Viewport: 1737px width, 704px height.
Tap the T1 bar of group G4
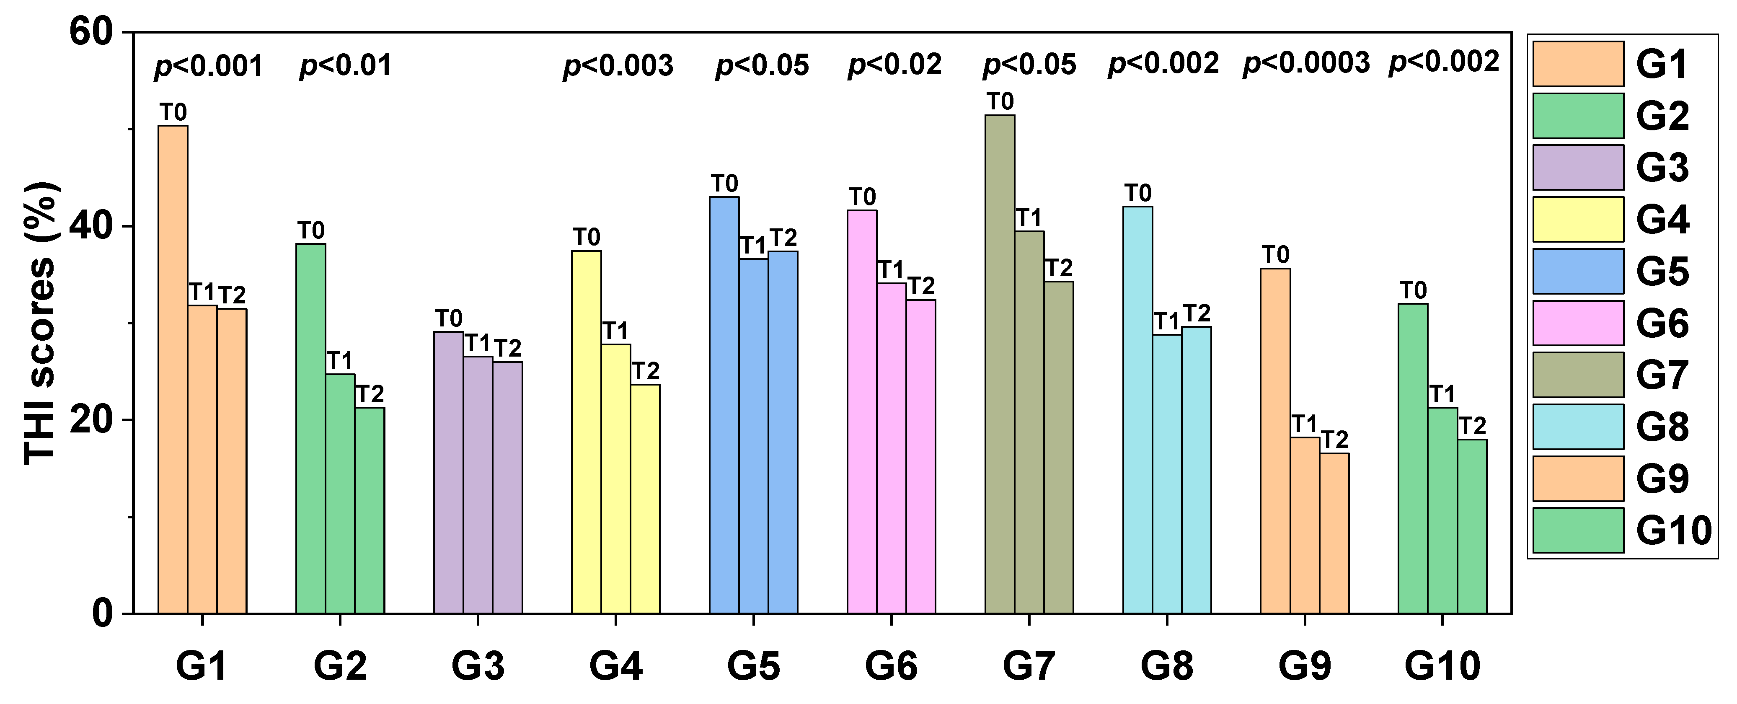615,479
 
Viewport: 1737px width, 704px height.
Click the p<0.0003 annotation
1306,63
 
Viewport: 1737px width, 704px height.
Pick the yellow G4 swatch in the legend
1578,219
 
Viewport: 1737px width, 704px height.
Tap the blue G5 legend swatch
1578,271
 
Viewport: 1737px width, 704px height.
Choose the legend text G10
1674,531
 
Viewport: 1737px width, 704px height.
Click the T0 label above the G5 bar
724,184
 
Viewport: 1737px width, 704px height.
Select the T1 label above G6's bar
891,270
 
